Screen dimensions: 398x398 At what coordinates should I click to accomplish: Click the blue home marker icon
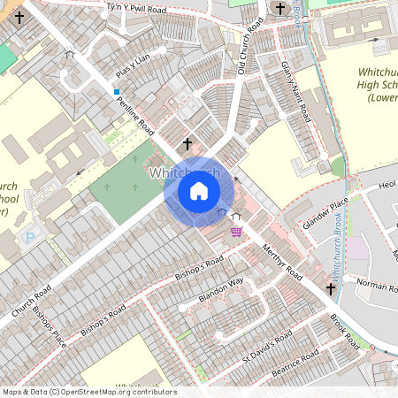(199, 190)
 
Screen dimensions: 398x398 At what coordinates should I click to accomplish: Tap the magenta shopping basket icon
(236, 232)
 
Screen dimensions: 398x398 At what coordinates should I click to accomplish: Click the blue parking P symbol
(31, 237)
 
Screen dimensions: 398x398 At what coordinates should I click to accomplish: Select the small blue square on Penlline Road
(116, 91)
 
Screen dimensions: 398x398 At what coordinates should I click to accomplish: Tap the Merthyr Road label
(283, 263)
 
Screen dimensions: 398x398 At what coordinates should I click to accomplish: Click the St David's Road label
(267, 348)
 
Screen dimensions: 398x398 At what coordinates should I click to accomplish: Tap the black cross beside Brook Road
(331, 288)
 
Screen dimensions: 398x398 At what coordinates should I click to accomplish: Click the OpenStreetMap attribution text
(88, 392)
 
